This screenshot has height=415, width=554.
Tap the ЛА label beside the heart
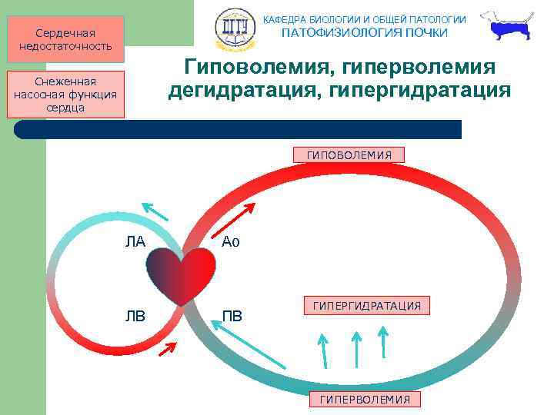[x=135, y=242]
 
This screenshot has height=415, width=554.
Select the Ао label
[x=231, y=242]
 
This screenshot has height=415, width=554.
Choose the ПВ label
[x=231, y=315]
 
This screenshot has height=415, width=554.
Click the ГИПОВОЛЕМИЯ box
[x=349, y=155]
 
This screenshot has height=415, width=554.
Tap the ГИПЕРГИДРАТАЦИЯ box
[x=366, y=306]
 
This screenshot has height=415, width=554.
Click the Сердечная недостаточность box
[x=65, y=39]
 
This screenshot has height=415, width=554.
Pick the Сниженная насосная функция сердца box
[x=65, y=95]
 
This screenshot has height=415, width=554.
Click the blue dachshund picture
[x=507, y=28]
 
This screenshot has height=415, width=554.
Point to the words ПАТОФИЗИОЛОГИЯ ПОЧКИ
[x=364, y=33]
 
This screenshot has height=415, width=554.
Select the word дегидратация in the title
[x=245, y=91]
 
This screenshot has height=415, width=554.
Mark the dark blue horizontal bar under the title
[x=239, y=129]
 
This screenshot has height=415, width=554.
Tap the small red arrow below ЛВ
[x=167, y=350]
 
